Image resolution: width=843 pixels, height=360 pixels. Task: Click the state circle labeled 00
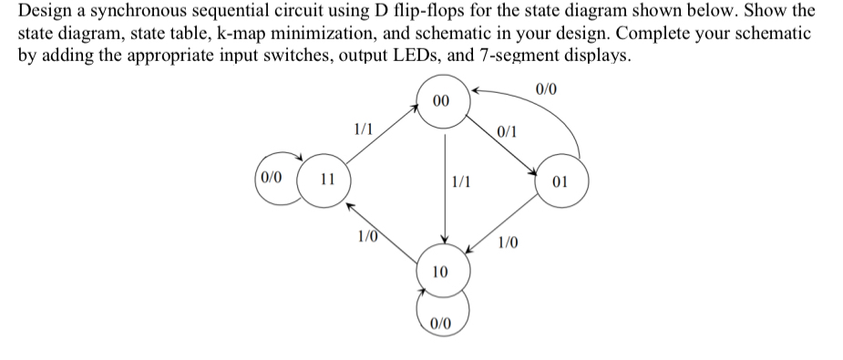(440, 101)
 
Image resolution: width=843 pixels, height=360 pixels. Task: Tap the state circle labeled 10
(440, 271)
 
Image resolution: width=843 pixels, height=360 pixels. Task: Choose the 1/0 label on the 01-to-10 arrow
(509, 242)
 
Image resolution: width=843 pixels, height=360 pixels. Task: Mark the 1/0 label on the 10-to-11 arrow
(367, 239)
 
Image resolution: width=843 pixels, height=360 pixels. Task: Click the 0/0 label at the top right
(548, 88)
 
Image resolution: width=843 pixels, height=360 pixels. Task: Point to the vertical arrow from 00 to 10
(444, 187)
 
